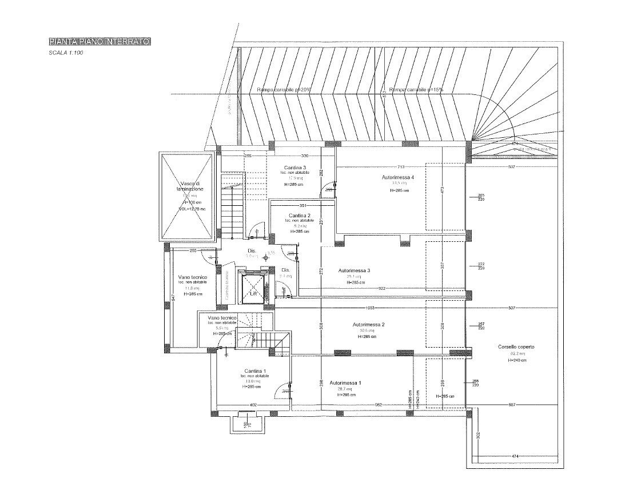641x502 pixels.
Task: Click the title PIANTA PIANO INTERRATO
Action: [99, 42]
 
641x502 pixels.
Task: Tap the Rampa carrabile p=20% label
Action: [284, 90]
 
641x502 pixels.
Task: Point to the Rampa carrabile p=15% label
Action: [416, 90]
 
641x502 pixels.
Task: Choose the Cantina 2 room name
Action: [299, 215]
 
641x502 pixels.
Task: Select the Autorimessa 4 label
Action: [398, 178]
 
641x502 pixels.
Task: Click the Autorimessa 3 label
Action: [355, 270]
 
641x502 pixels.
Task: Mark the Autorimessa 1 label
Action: [345, 383]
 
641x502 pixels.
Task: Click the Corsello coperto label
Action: [516, 347]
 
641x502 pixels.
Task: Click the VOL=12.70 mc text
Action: [191, 209]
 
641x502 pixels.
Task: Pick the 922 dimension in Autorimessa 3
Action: [381, 289]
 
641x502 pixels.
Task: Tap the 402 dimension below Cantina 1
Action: [252, 405]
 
